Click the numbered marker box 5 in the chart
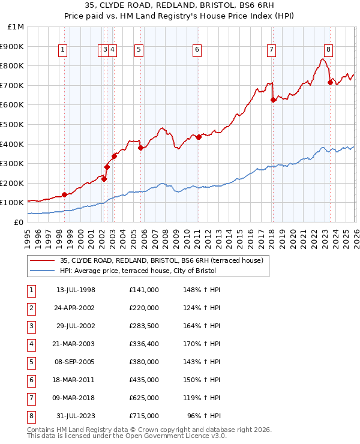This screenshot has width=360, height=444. click(x=139, y=50)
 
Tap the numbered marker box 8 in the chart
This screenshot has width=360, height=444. click(x=328, y=50)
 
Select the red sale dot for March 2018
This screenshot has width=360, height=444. click(x=273, y=100)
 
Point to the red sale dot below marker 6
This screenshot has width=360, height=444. click(x=198, y=137)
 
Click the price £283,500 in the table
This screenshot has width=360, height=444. click(x=143, y=326)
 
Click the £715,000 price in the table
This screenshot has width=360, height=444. click(x=143, y=416)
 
